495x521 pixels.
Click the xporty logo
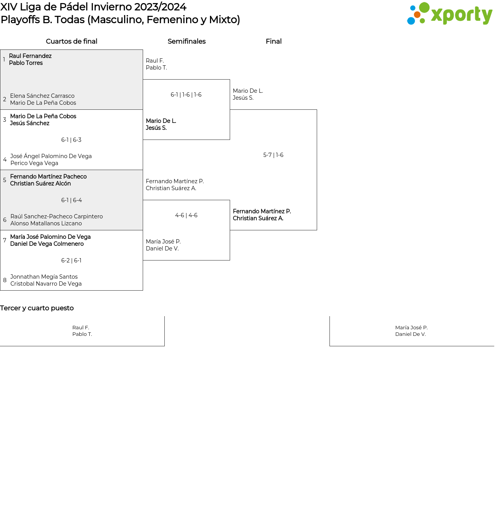[449, 14]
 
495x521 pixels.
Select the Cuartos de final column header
[72, 41]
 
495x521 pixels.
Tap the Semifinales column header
[186, 41]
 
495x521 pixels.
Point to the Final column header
[273, 41]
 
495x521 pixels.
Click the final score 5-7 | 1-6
[273, 155]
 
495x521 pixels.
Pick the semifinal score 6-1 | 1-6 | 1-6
[186, 95]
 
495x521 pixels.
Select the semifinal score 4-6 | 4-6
[186, 215]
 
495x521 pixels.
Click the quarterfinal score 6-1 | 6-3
[71, 140]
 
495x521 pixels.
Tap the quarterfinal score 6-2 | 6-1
[71, 260]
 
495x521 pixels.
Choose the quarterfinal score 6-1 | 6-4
[71, 200]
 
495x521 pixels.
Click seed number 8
[5, 280]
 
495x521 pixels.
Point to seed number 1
[4, 60]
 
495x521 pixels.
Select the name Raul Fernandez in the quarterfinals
[30, 56]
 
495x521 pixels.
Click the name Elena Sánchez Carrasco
[42, 96]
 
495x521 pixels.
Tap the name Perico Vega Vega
[34, 163]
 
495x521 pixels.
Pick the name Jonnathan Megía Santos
[44, 277]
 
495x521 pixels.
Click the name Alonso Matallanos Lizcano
[46, 223]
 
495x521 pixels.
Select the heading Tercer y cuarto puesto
[37, 308]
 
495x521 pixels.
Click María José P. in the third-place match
[411, 327]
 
